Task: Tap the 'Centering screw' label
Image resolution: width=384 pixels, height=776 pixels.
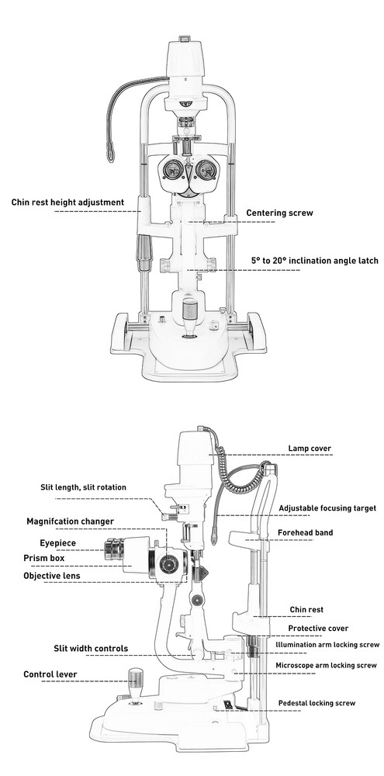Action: point(279,213)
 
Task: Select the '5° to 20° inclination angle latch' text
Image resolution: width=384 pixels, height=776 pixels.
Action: point(314,262)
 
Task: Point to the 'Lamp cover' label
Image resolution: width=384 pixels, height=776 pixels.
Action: point(310,448)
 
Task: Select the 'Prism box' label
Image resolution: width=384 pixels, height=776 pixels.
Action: point(54,558)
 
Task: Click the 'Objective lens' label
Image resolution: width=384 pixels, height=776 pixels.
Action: point(62,576)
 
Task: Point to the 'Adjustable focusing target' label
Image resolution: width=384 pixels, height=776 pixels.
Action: point(327,508)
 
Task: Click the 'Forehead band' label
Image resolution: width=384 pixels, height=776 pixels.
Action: point(305,532)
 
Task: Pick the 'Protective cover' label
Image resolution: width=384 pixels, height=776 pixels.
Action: point(318,628)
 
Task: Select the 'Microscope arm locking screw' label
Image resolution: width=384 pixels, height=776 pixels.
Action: point(326,666)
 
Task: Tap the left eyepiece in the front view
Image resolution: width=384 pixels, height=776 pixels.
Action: point(171,168)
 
